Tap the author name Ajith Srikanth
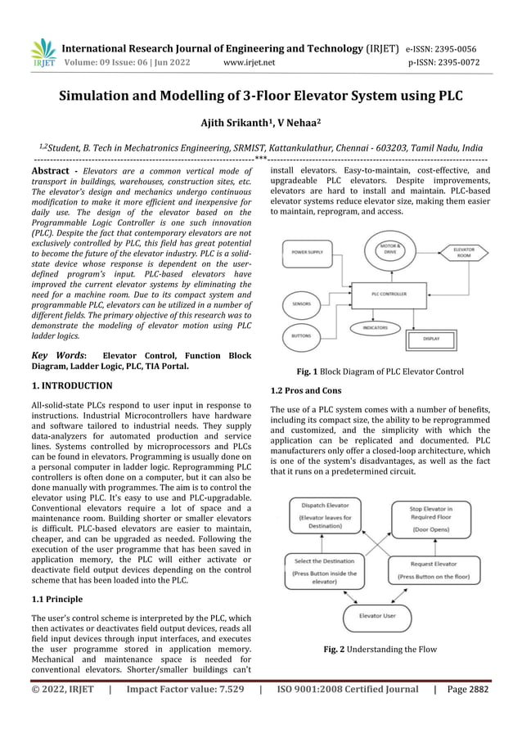click(x=233, y=123)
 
